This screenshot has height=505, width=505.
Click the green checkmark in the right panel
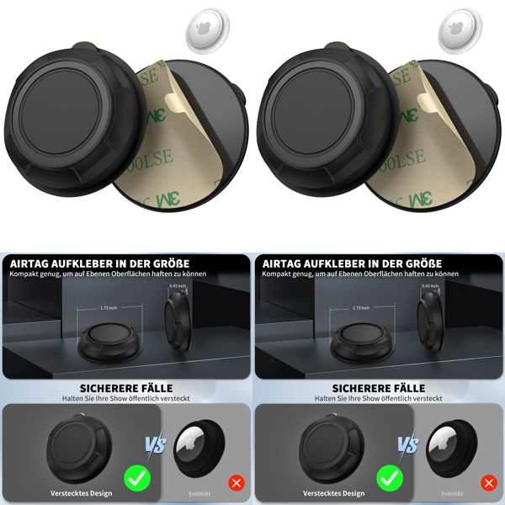click(x=389, y=479)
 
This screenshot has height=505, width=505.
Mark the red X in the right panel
click(x=487, y=484)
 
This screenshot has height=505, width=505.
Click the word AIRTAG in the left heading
click(x=31, y=264)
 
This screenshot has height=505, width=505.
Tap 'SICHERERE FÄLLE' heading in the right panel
click(x=378, y=388)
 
